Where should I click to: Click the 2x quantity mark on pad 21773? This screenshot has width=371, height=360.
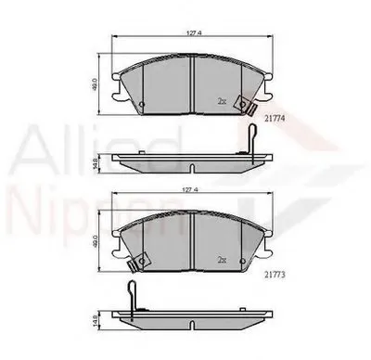point(221,260)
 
